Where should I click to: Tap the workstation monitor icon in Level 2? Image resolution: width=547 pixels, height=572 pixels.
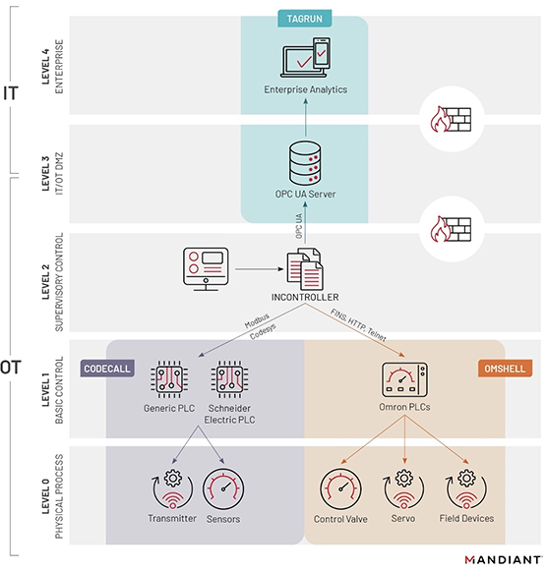(206, 267)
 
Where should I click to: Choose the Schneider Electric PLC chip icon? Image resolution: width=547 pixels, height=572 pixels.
(228, 379)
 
